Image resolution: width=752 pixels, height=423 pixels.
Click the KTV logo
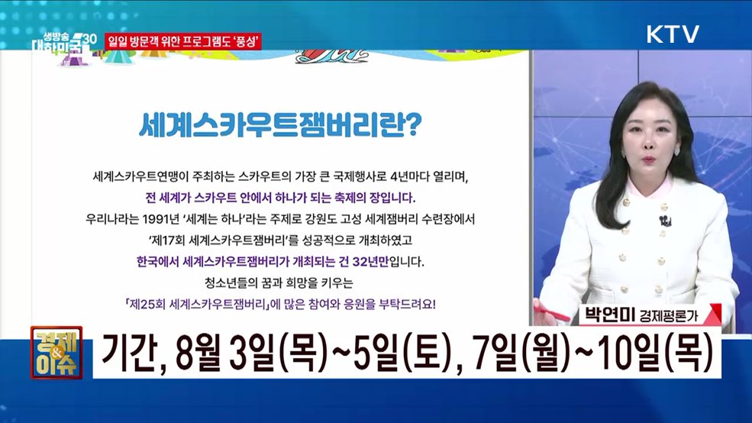pyautogui.click(x=673, y=34)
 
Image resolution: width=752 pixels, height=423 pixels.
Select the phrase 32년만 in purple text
pyautogui.click(x=376, y=262)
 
